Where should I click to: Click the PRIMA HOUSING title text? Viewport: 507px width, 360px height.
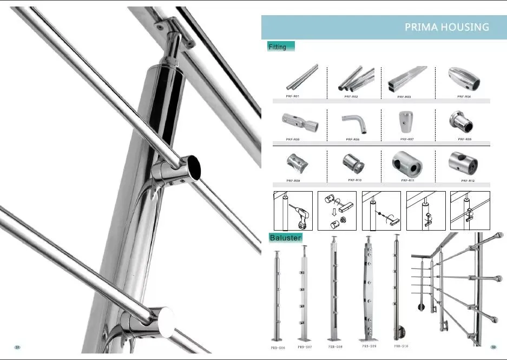coord(446,27)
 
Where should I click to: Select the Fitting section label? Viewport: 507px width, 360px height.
coord(278,47)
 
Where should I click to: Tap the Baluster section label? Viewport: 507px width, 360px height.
coord(285,237)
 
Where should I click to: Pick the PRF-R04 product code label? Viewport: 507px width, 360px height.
coord(464,96)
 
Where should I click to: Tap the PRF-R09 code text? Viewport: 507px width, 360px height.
coord(293,180)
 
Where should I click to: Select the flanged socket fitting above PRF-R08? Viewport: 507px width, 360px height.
coord(464,122)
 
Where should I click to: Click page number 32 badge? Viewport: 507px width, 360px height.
coord(493,347)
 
